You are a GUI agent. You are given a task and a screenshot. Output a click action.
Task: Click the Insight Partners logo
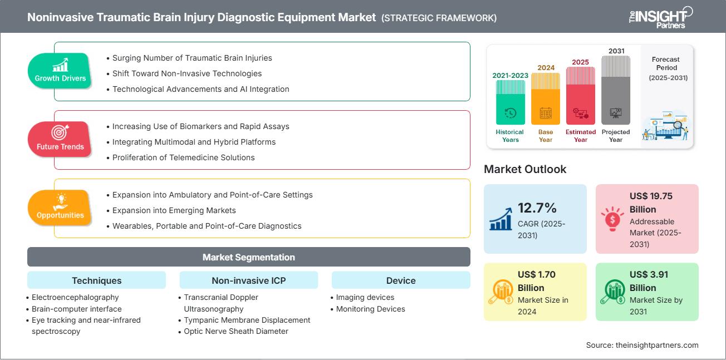(x=660, y=17)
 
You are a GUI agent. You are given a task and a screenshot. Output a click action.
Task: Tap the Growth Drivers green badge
(x=60, y=71)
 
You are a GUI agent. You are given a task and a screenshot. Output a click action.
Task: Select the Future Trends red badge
(x=60, y=140)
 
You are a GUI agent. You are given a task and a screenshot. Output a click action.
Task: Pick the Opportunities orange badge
(x=60, y=208)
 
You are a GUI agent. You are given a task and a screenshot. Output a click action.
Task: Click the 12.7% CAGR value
(x=537, y=208)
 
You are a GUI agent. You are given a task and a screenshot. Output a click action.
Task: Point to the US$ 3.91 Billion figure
(x=650, y=281)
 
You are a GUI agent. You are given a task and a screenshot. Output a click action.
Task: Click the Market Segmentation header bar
(x=248, y=257)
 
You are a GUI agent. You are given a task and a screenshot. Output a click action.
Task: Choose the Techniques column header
(x=96, y=280)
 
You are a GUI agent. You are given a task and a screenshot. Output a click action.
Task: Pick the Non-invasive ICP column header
(x=248, y=280)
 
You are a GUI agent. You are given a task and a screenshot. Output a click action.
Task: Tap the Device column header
(x=401, y=280)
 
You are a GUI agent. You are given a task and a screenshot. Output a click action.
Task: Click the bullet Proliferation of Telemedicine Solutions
(x=183, y=157)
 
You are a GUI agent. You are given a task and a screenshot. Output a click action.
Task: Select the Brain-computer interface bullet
(x=76, y=309)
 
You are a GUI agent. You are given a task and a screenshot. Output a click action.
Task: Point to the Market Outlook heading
(x=525, y=169)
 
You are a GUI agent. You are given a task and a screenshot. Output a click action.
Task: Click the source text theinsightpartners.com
(x=642, y=345)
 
